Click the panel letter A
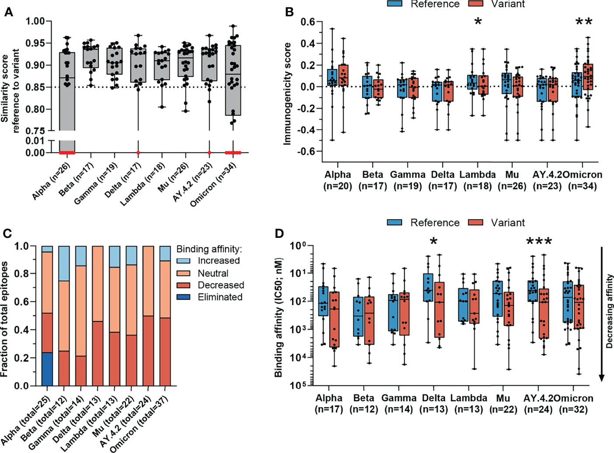coord(8,12)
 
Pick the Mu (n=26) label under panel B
coord(512,180)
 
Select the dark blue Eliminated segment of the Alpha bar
coord(47,369)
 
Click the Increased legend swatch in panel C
coord(184,261)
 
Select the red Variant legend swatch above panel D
coord(475,223)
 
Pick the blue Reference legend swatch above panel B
coord(395,4)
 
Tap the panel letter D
coord(279,233)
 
